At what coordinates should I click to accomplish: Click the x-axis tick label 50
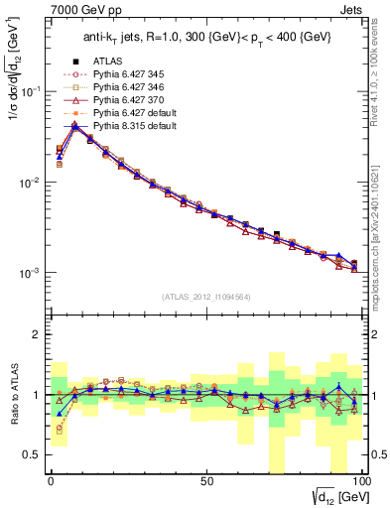tap(205, 479)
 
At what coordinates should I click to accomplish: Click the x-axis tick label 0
tap(51, 479)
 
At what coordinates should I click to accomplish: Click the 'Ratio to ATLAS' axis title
tap(12, 394)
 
